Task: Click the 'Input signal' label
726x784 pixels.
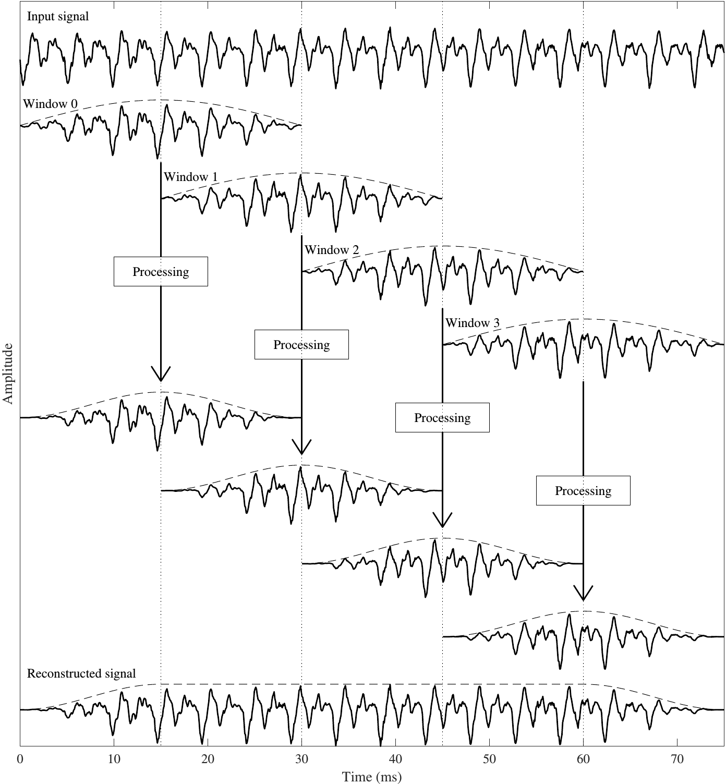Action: pyautogui.click(x=58, y=17)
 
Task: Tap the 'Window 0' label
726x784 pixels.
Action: pyautogui.click(x=50, y=104)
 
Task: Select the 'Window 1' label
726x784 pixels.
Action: pyautogui.click(x=191, y=177)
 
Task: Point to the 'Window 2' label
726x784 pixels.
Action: pyautogui.click(x=332, y=250)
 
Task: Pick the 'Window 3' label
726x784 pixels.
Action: pyautogui.click(x=473, y=323)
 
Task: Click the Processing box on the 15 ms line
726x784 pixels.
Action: pyautogui.click(x=161, y=272)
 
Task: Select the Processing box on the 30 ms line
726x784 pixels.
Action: pyautogui.click(x=301, y=345)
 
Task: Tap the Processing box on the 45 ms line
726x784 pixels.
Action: pyautogui.click(x=443, y=418)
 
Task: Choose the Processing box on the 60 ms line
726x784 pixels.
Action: pyautogui.click(x=583, y=491)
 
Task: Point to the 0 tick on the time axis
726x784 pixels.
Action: pyautogui.click(x=20, y=759)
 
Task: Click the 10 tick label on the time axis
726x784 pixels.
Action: pyautogui.click(x=114, y=759)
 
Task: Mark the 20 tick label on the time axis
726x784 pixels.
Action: pyautogui.click(x=208, y=759)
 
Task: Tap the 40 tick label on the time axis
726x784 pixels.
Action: pyautogui.click(x=395, y=759)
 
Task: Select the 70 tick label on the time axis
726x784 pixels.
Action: pyautogui.click(x=677, y=759)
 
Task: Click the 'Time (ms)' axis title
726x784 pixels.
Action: pyautogui.click(x=371, y=777)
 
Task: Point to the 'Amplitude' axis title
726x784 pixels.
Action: pyautogui.click(x=8, y=373)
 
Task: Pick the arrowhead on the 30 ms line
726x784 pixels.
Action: pyautogui.click(x=301, y=447)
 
